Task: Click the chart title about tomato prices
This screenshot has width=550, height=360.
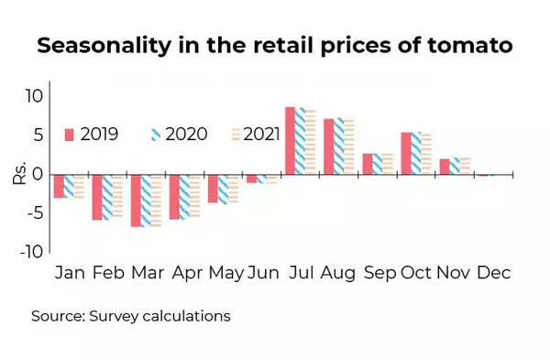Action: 275,47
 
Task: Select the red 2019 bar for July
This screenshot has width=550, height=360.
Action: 290,140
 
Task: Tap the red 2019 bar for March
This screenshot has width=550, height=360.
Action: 136,200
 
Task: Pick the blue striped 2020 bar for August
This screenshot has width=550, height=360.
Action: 338,146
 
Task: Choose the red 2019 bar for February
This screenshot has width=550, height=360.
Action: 97,196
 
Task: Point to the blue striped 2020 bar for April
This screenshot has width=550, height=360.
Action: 184,196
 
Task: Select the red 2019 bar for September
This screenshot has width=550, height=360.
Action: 367,163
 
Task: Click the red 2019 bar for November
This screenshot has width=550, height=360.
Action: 444,166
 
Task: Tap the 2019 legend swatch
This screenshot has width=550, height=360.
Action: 68,135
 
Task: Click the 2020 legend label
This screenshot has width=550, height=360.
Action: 188,135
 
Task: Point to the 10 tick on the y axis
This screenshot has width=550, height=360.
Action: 34,96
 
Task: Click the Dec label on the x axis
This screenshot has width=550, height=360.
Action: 493,273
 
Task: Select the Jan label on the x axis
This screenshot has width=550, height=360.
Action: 70,273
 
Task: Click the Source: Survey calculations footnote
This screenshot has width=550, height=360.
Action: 131,316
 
